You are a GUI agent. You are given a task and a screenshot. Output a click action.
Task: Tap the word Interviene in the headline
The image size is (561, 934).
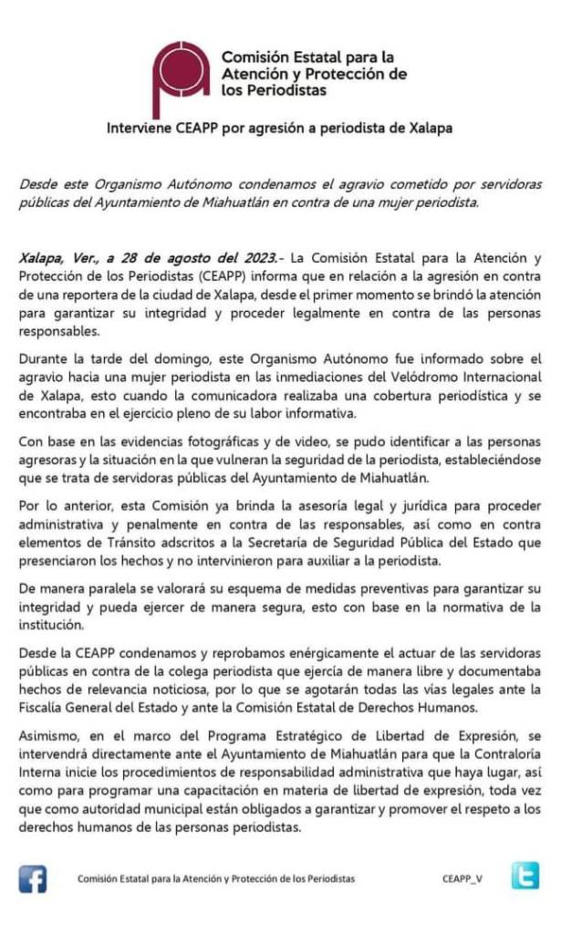139,128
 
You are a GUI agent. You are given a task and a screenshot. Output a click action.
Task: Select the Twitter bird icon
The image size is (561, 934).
525,877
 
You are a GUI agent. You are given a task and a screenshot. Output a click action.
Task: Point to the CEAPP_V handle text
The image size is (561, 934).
463,879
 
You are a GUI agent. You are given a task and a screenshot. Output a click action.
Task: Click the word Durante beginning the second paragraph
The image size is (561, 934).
45,360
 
